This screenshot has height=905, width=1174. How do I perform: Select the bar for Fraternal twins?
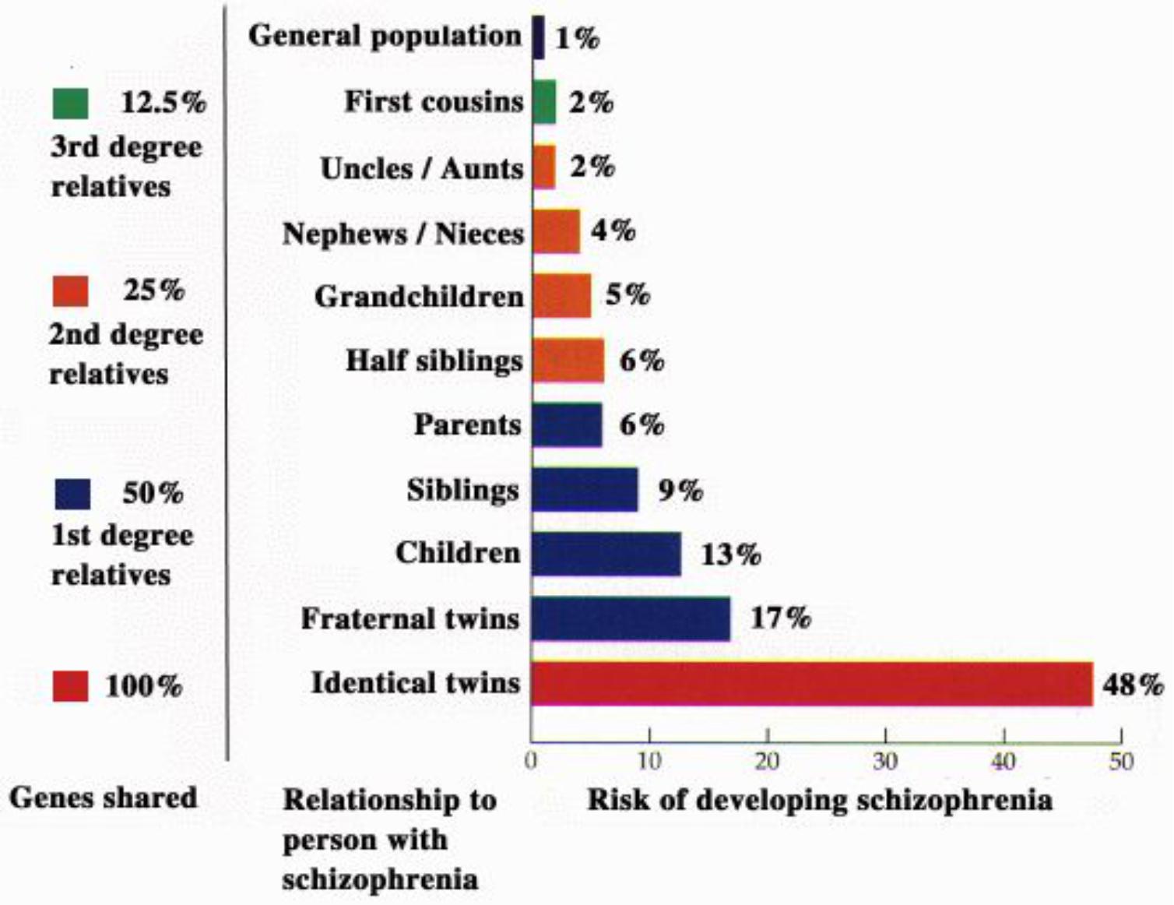click(x=631, y=619)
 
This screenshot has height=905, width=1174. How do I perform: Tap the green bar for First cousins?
click(x=544, y=102)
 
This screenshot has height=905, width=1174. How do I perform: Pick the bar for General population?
click(x=538, y=37)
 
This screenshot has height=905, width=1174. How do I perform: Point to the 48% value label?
click(x=1133, y=685)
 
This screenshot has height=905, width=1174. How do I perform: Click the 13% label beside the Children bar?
click(x=730, y=555)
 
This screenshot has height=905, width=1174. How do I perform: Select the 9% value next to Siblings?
click(x=680, y=491)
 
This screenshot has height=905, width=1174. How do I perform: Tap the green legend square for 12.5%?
click(x=70, y=104)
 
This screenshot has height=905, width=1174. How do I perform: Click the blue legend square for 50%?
click(x=72, y=494)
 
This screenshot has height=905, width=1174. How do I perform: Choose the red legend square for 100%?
click(x=70, y=686)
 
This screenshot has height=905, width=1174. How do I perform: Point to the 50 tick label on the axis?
click(x=1121, y=760)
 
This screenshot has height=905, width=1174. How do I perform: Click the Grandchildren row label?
click(x=419, y=297)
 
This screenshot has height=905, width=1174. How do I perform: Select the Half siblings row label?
click(x=434, y=361)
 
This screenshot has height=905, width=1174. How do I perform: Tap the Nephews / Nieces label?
click(x=403, y=233)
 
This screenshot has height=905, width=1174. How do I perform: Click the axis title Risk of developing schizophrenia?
click(x=819, y=800)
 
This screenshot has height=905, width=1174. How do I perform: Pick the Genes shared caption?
click(x=103, y=798)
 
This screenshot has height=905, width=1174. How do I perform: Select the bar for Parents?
click(x=567, y=425)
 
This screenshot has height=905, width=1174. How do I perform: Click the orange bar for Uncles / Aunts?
click(x=543, y=167)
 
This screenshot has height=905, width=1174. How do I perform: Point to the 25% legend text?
click(x=153, y=290)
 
